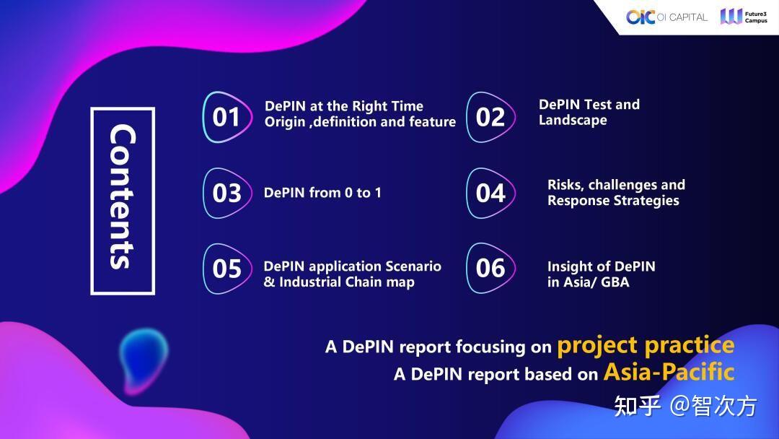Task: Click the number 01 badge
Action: (x=226, y=117)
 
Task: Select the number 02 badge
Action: (x=490, y=117)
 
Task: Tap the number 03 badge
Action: (x=226, y=193)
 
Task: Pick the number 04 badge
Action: (x=490, y=193)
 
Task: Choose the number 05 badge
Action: (x=226, y=269)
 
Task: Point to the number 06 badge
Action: (x=490, y=269)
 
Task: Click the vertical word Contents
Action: (x=122, y=200)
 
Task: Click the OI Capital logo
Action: (x=666, y=17)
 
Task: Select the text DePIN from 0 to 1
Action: (x=322, y=193)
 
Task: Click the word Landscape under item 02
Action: (x=573, y=121)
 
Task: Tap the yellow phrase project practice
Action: (x=645, y=345)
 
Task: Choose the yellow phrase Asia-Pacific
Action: (x=669, y=372)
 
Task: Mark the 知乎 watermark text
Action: (x=637, y=407)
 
